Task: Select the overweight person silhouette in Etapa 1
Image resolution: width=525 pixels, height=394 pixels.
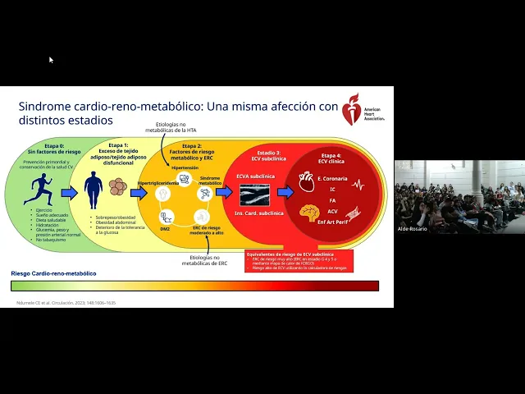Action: tap(94, 190)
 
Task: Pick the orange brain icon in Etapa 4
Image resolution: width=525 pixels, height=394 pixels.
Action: tap(308, 213)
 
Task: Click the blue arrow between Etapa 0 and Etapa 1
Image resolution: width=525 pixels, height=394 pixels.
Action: tap(69, 193)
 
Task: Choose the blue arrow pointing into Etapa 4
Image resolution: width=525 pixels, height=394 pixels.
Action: tap(285, 192)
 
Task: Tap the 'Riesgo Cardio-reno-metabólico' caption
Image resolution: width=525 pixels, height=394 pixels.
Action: tap(53, 273)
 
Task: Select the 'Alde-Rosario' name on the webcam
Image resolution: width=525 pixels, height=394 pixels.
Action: tap(413, 228)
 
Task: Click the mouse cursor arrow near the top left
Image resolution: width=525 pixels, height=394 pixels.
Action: tap(51, 60)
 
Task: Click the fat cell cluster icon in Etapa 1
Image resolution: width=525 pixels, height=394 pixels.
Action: tap(118, 187)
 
